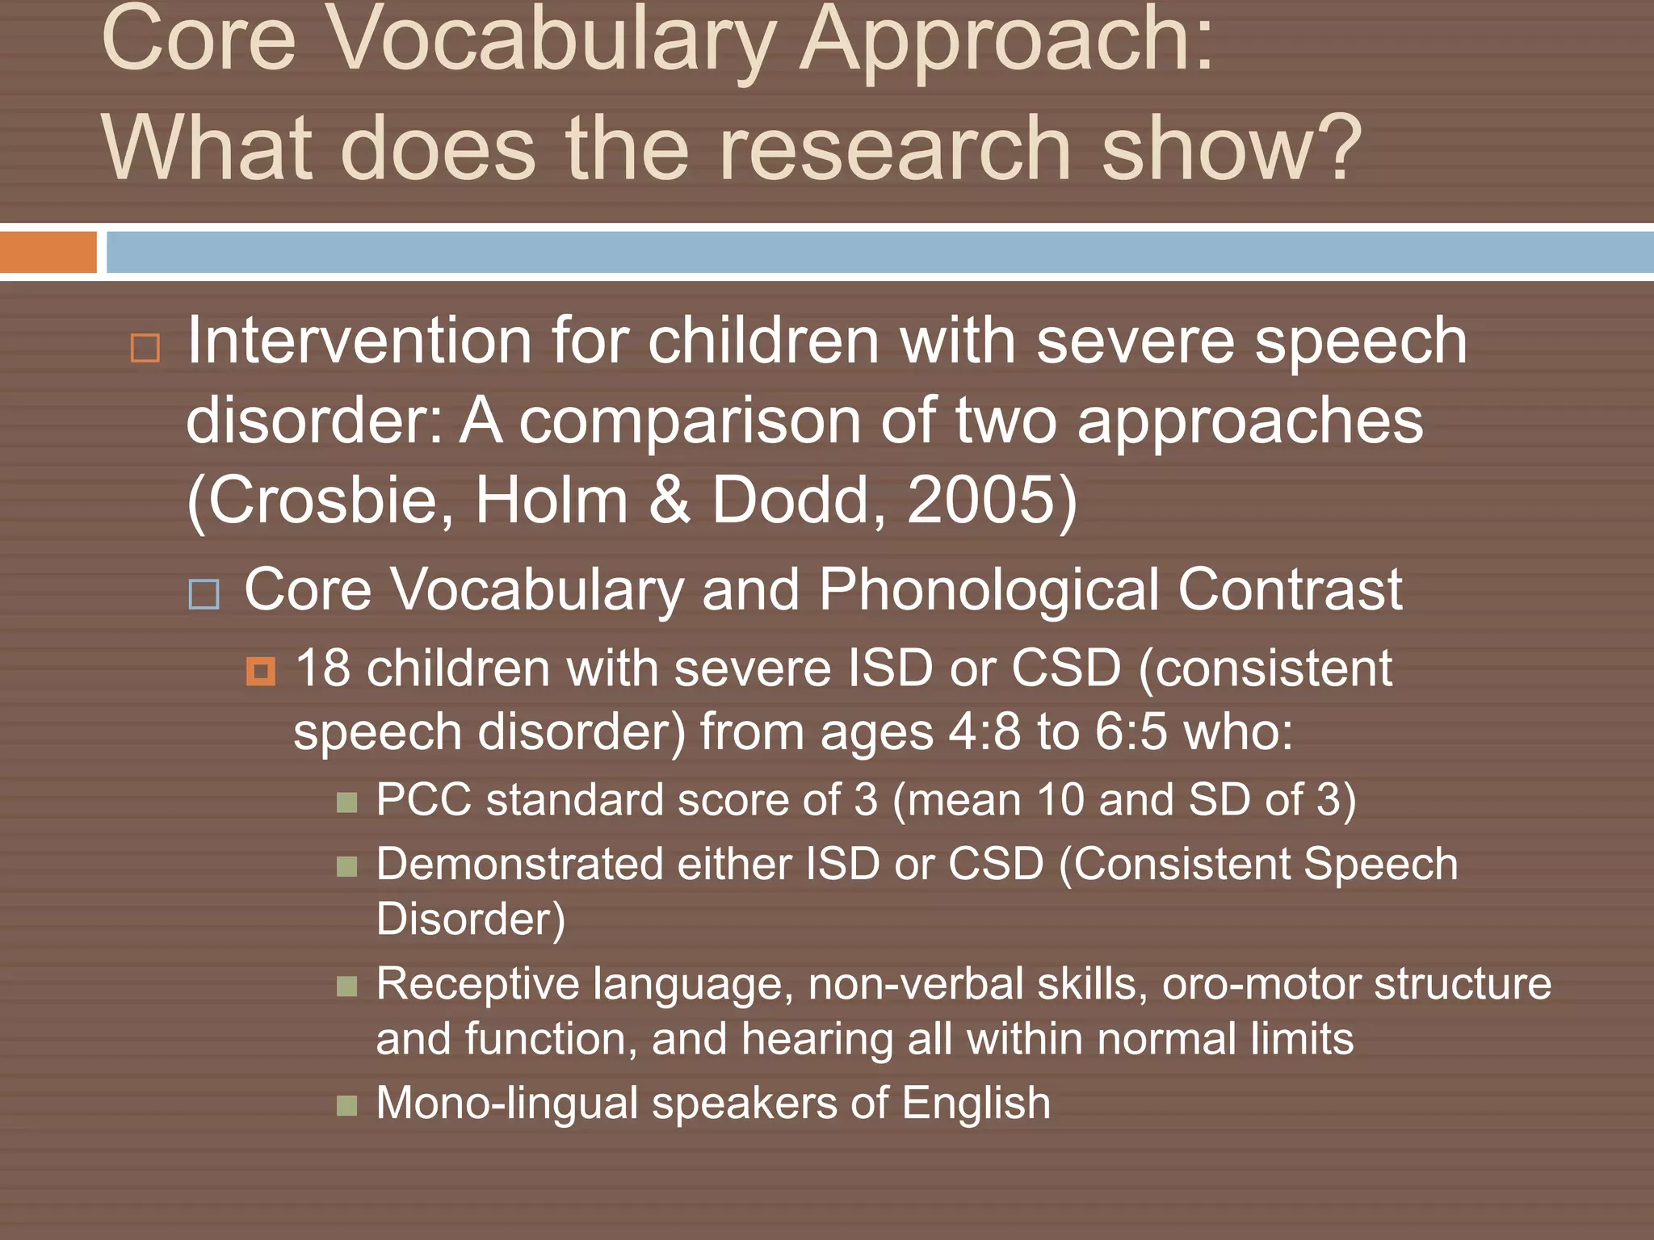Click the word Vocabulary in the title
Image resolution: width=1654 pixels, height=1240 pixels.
(x=553, y=40)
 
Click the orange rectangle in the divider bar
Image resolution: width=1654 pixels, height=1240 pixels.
(x=48, y=253)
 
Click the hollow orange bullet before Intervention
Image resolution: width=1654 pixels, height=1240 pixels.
(x=145, y=348)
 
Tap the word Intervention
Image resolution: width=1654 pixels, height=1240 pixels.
(x=359, y=341)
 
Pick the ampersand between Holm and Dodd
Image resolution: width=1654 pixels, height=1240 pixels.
(x=670, y=500)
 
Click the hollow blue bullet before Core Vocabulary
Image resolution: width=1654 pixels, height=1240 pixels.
(x=204, y=594)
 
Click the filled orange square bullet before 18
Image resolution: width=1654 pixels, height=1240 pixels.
(x=261, y=671)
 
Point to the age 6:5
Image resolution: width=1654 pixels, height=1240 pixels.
(x=1131, y=732)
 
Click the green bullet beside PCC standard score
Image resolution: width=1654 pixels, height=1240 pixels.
(x=347, y=802)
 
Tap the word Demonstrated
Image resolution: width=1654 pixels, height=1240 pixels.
(x=519, y=865)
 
